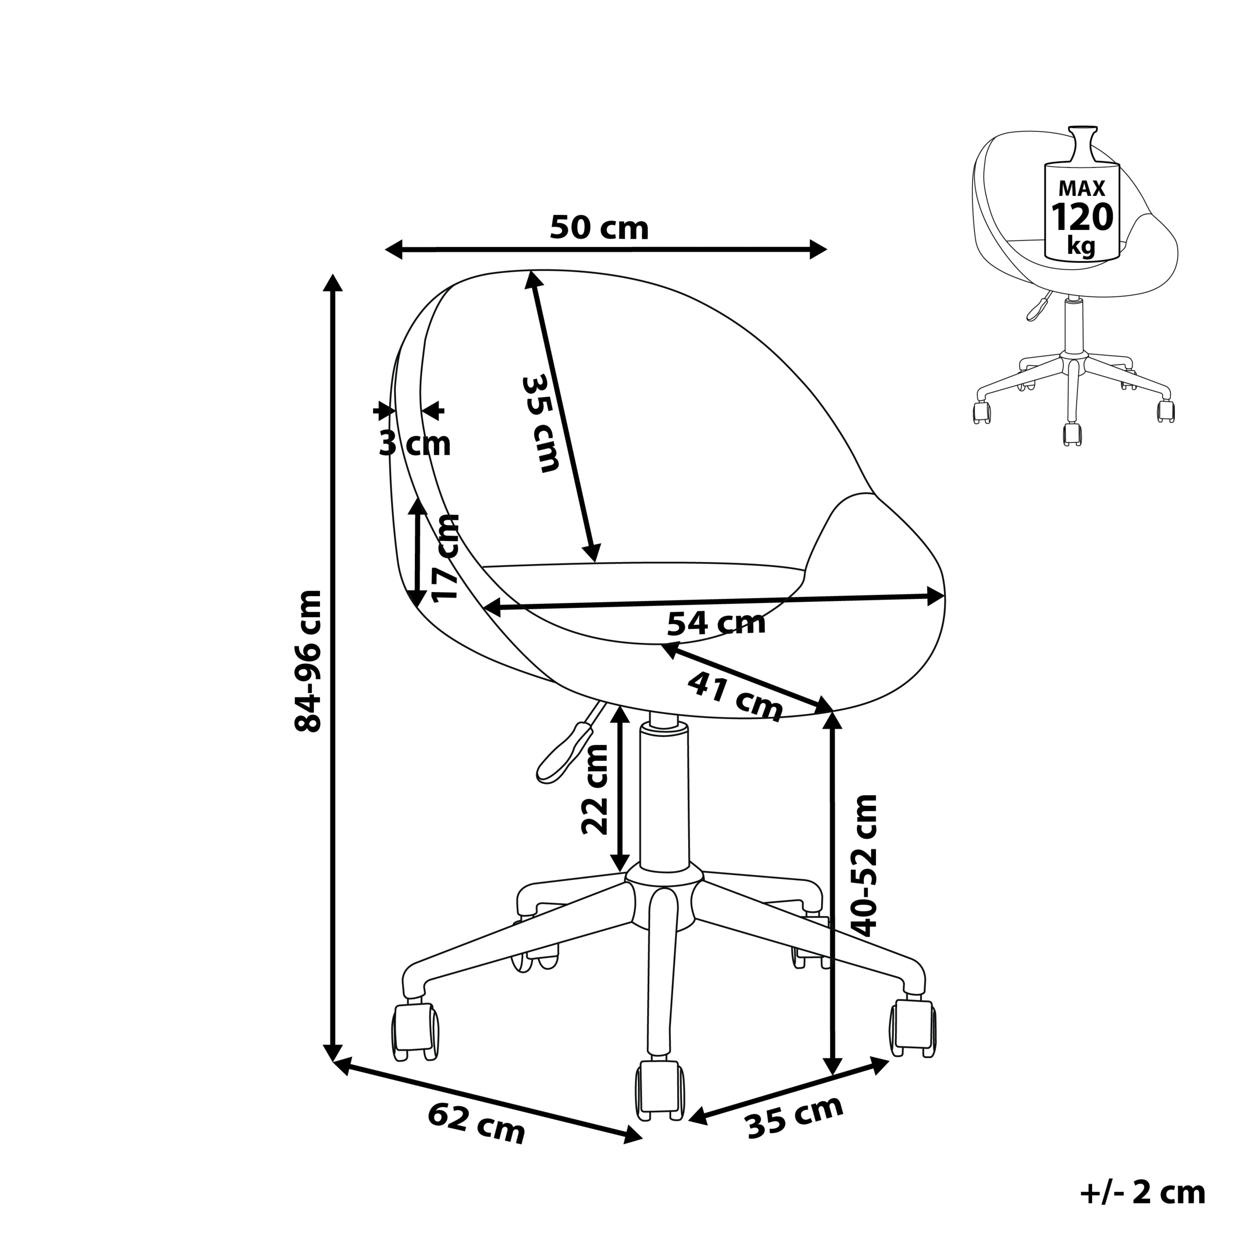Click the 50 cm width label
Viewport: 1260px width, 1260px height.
(599, 227)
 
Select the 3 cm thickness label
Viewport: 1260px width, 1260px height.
(415, 444)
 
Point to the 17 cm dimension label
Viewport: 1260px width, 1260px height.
(445, 558)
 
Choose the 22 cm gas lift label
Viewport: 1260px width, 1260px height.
(594, 789)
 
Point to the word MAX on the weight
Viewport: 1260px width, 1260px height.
(1082, 189)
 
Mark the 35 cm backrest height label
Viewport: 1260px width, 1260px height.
(540, 423)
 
